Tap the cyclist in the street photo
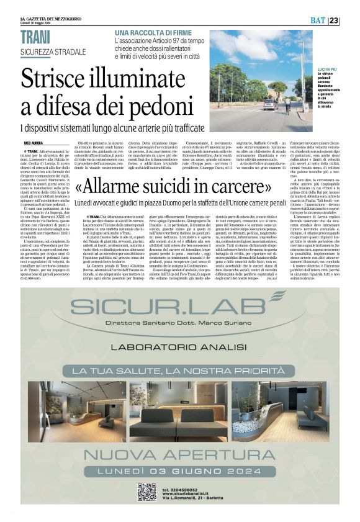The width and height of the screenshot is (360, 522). [x=287, y=101]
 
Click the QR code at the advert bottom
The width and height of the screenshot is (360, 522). [x=146, y=491]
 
